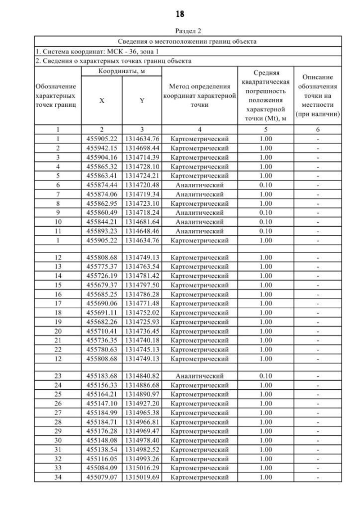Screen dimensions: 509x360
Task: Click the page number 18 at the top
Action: click(x=179, y=13)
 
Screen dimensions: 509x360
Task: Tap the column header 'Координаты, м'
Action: click(x=121, y=71)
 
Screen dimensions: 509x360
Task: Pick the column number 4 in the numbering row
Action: click(x=200, y=129)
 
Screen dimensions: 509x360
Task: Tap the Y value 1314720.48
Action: click(x=142, y=184)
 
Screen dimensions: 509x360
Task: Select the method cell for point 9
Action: click(x=200, y=213)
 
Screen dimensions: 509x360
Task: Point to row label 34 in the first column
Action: click(x=58, y=478)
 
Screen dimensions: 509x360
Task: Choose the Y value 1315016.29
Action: click(x=142, y=469)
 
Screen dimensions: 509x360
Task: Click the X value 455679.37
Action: click(x=102, y=285)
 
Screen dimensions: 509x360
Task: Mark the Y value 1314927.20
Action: click(x=142, y=403)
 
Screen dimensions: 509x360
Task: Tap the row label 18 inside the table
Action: click(x=58, y=313)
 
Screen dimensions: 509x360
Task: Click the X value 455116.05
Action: click(x=102, y=459)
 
